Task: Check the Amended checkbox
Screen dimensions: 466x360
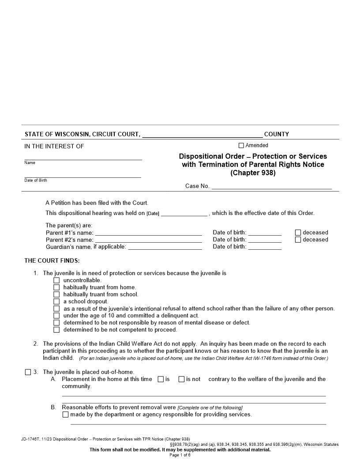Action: coord(241,146)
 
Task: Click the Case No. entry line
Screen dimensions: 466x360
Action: coord(271,186)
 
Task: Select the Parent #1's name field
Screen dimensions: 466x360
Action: coord(148,233)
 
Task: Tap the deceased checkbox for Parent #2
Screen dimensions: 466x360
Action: coord(298,240)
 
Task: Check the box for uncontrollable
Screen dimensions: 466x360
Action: coord(56,280)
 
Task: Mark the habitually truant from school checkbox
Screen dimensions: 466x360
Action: coord(56,294)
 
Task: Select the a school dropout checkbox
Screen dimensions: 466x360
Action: coord(56,301)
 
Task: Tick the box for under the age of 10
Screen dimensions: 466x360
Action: coord(56,316)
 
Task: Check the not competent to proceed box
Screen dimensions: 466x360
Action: coord(56,330)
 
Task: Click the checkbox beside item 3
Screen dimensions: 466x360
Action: coord(28,372)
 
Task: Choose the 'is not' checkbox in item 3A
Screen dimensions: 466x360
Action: coord(181,379)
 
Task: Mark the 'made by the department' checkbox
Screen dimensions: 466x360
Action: coord(66,415)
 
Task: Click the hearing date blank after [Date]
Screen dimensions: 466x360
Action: coord(184,213)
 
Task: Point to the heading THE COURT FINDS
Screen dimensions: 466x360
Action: coord(52,261)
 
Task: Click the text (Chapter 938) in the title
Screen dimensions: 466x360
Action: coord(253,173)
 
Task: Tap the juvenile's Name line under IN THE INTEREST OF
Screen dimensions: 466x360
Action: coord(83,158)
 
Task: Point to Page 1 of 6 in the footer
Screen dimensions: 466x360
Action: coord(180,455)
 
